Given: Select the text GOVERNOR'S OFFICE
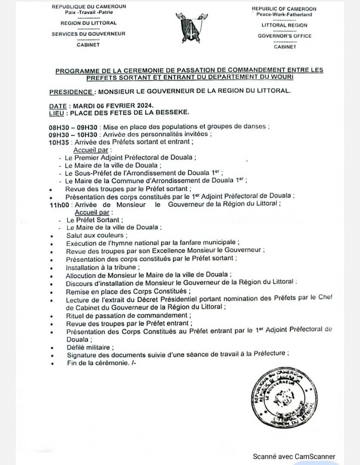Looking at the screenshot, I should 284,36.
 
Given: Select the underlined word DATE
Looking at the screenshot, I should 58,106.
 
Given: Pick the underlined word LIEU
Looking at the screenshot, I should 58,113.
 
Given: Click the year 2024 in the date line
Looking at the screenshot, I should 142,106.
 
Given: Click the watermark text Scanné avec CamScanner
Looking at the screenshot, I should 294,457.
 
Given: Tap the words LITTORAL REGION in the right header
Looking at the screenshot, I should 284,25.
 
